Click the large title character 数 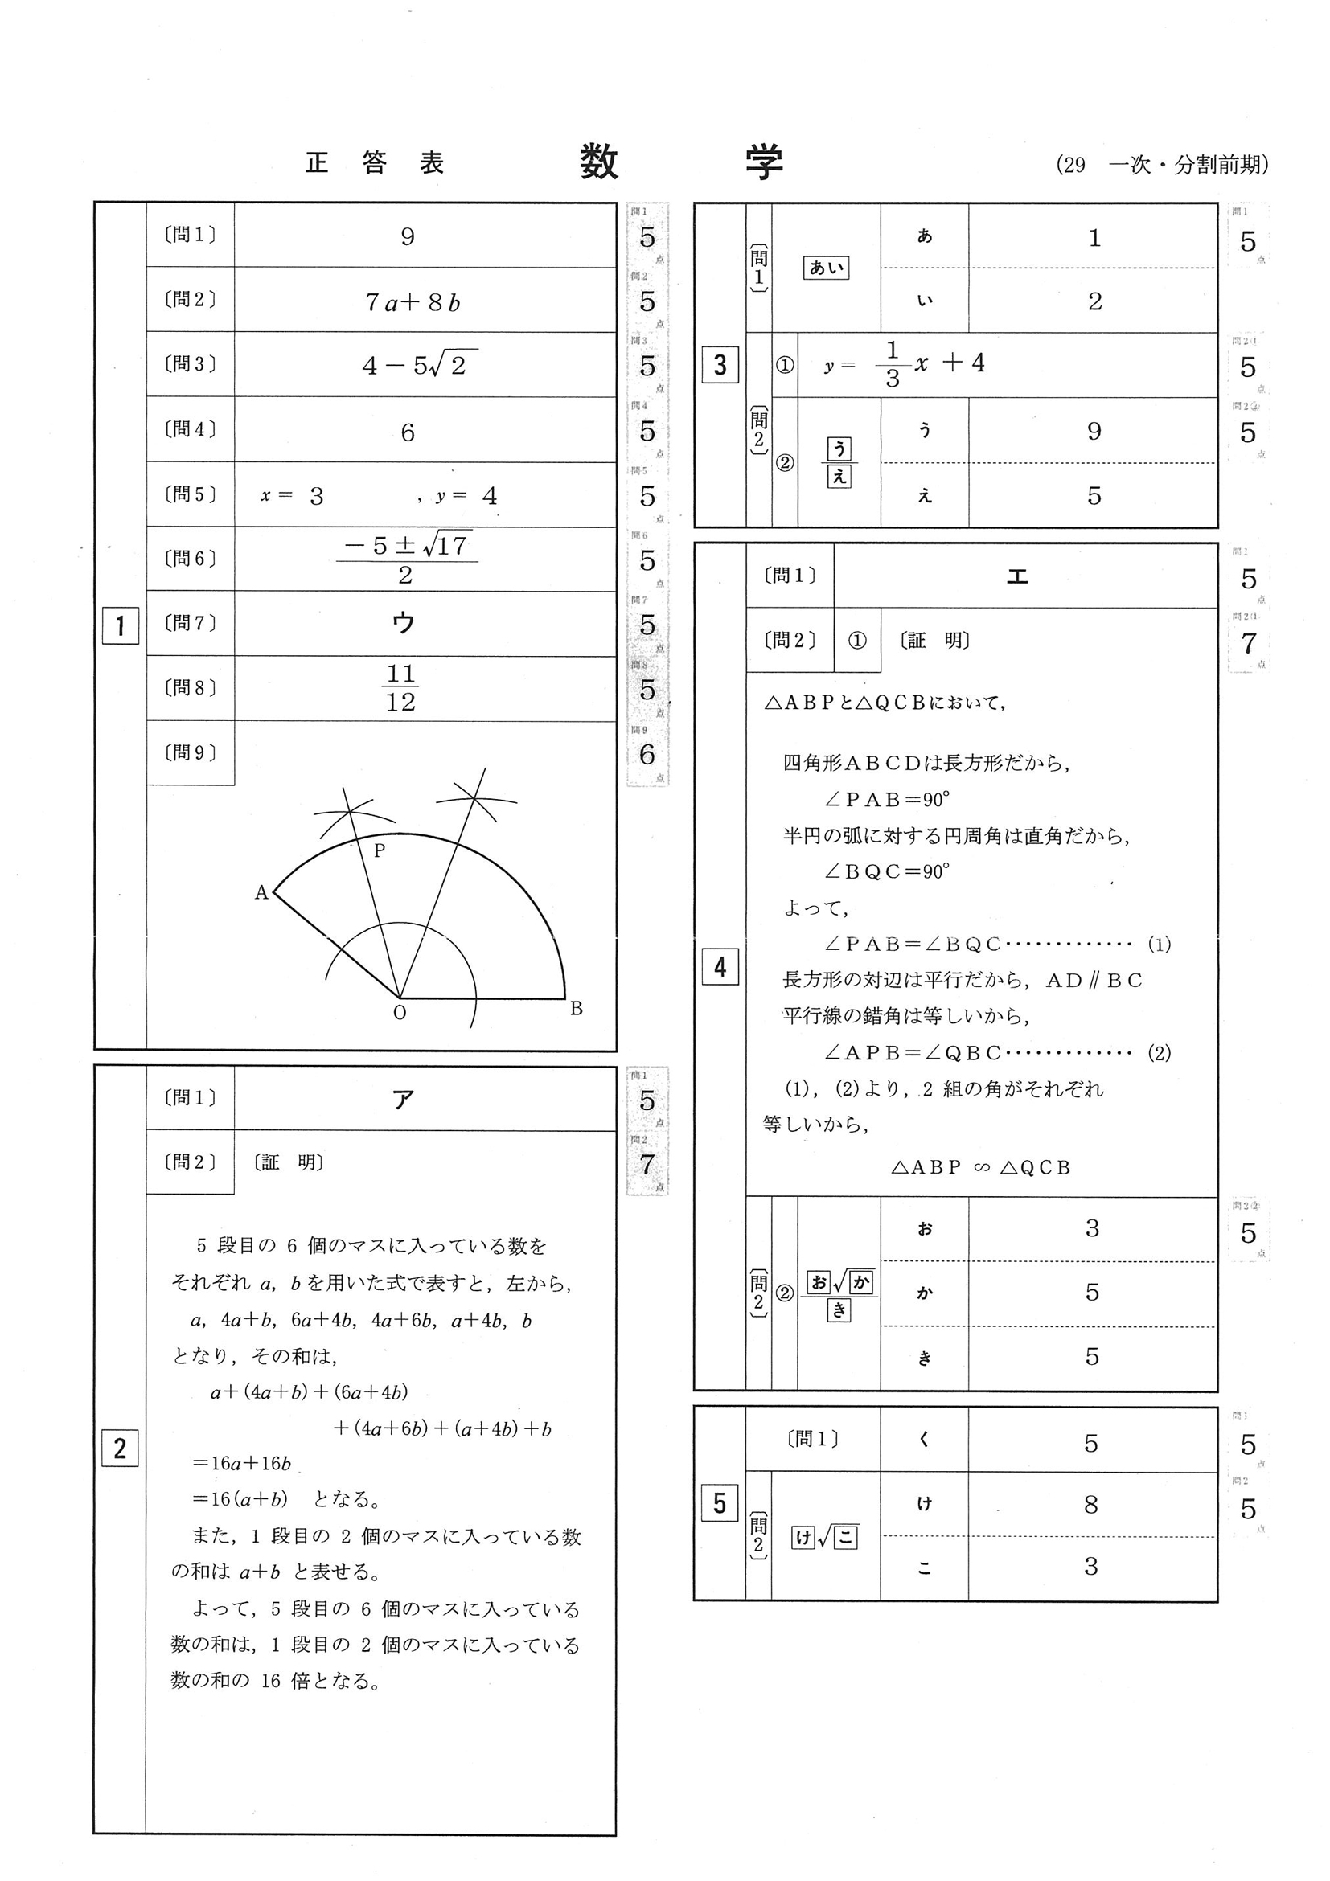599,162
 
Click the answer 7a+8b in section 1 413,303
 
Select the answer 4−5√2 419,364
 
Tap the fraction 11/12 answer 400,688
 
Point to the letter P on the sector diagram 380,851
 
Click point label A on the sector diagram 261,893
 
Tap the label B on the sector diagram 576,1009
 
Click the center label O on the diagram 400,1014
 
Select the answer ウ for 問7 404,624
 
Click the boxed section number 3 720,365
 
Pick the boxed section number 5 720,1503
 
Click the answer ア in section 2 403,1099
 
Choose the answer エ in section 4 1017,576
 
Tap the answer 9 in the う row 1093,432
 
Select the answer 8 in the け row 1090,1504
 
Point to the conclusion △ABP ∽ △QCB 980,1167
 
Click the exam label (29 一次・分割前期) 1162,165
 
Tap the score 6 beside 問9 647,755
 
